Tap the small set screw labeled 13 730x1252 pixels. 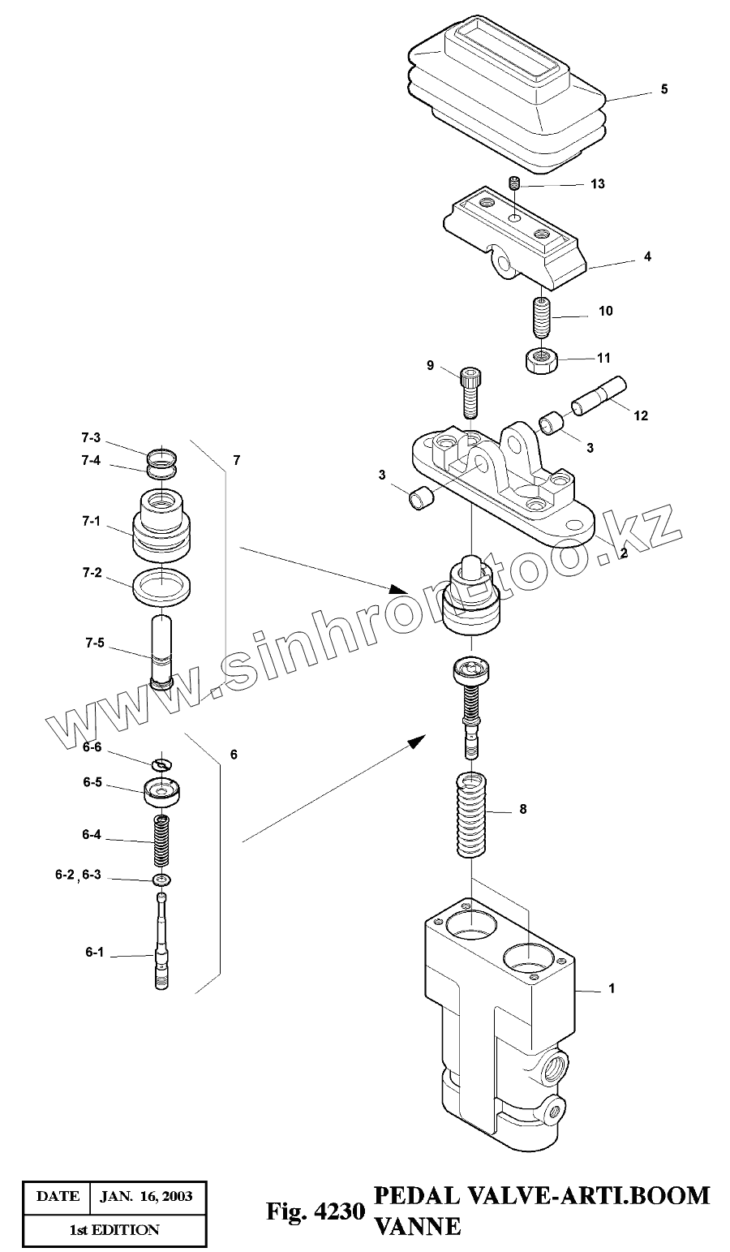513,184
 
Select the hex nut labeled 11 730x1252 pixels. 539,358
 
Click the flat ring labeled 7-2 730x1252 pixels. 161,586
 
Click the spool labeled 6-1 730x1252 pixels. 162,941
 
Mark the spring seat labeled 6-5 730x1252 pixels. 161,790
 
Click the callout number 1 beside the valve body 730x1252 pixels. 612,988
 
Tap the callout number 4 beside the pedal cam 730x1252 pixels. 646,256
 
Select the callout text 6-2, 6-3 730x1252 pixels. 79,876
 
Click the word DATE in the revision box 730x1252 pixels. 58,1196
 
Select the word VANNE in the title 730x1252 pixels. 417,1227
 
